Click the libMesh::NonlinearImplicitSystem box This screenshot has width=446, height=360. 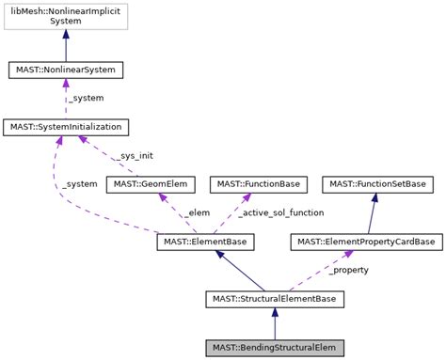[x=65, y=16]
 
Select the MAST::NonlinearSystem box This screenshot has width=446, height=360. [x=65, y=70]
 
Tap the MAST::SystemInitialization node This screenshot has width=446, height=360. [x=65, y=126]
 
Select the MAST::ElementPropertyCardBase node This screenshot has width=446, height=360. [x=365, y=243]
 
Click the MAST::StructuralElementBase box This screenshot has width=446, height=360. [x=275, y=299]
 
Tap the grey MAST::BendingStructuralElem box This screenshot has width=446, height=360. [x=275, y=348]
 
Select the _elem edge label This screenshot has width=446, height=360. [x=195, y=212]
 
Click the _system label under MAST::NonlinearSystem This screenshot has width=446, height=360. [x=87, y=98]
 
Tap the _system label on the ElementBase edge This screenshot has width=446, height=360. [x=80, y=184]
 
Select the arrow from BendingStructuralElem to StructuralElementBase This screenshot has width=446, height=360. [x=275, y=323]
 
